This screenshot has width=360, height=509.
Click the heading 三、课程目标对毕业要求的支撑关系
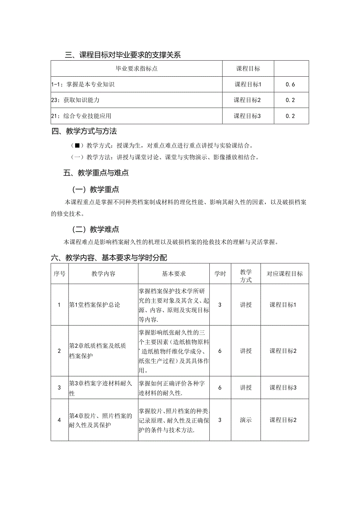pos(122,55)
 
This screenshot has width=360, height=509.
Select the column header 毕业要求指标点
pos(137,68)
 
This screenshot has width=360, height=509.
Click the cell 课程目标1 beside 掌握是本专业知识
pos(248,84)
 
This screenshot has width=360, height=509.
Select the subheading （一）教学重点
pos(95,189)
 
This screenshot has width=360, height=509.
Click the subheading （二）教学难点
pos(95,229)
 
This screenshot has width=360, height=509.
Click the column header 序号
pos(59,274)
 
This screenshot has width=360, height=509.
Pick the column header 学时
pos(220,274)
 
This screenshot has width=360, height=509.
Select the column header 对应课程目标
pos(284,274)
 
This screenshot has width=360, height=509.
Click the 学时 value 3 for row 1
pos(220,305)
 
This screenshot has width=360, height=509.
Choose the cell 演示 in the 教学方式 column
pos(246,420)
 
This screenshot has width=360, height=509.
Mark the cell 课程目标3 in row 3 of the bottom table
pos(283,388)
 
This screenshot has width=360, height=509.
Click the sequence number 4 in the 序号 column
pos(59,420)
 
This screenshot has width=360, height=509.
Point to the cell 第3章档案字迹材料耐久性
pos(100,388)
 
